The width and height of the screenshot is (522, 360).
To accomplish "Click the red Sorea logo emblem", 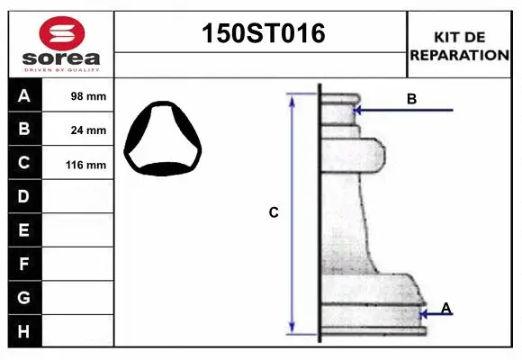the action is tap(62, 33).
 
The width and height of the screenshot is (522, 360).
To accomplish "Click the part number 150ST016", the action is tap(264, 33).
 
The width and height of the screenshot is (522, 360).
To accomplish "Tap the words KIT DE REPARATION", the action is tap(459, 46).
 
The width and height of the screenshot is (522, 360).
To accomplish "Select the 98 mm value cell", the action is tap(78, 95).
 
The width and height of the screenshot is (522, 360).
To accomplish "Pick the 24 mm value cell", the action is tap(78, 130).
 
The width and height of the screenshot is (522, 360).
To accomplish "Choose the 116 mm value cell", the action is tap(78, 163).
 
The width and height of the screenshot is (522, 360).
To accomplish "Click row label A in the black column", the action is tap(24, 95).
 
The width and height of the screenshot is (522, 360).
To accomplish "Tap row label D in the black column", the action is tap(23, 196).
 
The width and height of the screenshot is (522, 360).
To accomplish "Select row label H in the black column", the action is tap(23, 331).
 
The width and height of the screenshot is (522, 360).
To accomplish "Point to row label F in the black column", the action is tap(23, 264).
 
